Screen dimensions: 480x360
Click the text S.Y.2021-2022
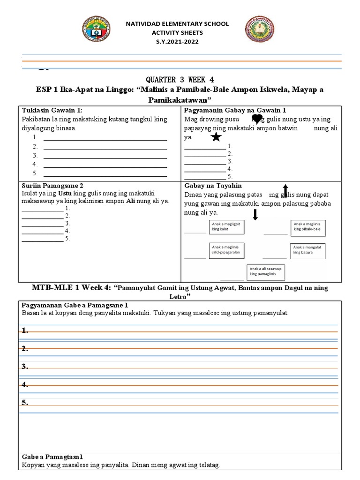click(177, 42)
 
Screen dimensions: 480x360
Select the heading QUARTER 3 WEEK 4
click(180, 79)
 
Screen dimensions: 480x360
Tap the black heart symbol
click(257, 119)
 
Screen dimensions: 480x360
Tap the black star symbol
click(216, 137)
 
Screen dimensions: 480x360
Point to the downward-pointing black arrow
click(255, 215)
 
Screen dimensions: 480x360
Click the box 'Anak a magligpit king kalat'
click(228, 227)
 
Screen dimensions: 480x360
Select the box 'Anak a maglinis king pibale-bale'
click(308, 227)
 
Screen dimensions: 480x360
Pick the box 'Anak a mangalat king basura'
click(308, 250)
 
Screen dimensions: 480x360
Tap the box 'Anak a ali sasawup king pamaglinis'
click(266, 271)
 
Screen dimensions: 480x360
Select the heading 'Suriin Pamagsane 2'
click(52, 186)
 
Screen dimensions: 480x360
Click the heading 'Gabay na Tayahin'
click(213, 186)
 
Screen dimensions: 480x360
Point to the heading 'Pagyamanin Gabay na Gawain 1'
click(235, 110)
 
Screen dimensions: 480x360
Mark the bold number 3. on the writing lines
click(25, 366)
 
